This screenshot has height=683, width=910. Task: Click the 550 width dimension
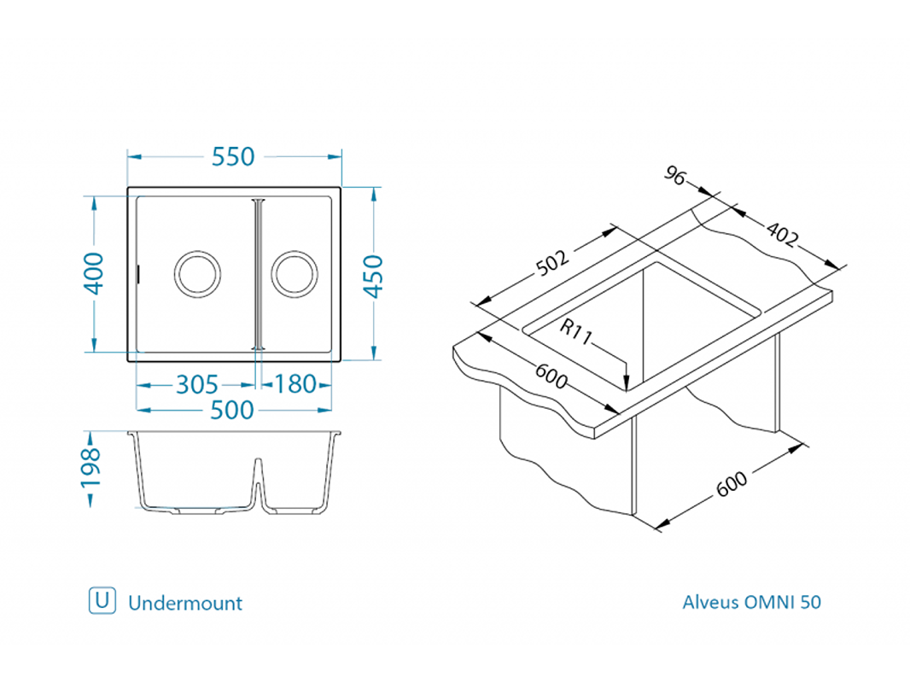tap(234, 157)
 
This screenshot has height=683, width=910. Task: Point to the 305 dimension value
tap(196, 385)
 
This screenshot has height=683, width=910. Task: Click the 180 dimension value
tap(295, 385)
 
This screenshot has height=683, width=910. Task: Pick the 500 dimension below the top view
tap(232, 411)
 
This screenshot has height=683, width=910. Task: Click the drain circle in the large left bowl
tap(197, 274)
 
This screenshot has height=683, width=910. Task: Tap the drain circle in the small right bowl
tap(295, 274)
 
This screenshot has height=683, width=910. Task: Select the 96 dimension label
tap(675, 176)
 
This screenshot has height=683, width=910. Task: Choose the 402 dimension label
tap(782, 234)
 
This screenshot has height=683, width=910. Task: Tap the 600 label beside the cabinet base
tap(732, 484)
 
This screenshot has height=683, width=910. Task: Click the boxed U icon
tap(102, 601)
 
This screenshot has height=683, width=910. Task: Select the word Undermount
tap(185, 603)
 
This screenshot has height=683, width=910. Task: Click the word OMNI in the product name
tap(771, 602)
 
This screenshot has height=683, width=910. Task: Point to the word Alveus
tap(710, 602)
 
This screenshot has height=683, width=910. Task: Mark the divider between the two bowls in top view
tap(259, 274)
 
